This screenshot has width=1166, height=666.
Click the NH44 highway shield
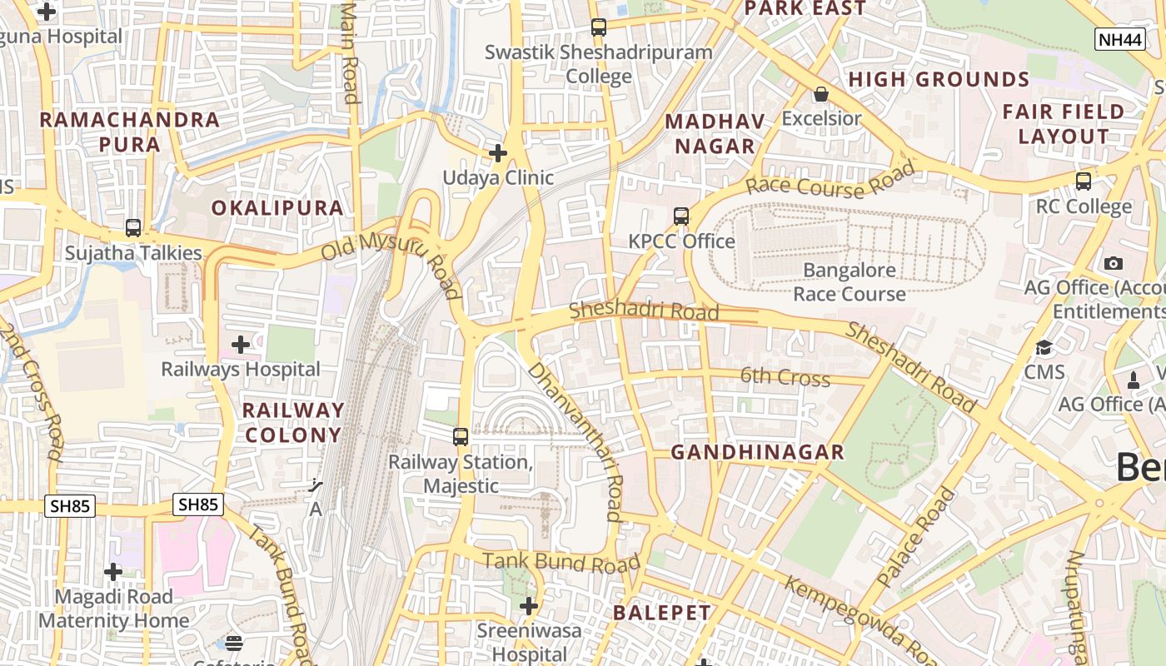[1119, 38]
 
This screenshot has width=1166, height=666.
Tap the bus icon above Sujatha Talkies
[132, 227]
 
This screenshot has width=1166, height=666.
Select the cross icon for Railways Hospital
[241, 344]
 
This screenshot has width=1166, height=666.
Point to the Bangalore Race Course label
[850, 282]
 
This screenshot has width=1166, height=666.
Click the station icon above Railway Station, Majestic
[460, 436]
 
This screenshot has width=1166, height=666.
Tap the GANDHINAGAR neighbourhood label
[757, 452]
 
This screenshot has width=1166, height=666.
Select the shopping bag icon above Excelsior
[820, 94]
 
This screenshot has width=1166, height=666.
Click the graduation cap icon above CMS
[1044, 347]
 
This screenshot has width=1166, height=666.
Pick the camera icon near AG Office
[1113, 263]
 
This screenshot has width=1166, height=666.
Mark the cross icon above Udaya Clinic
[498, 153]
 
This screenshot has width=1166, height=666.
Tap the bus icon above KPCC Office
[681, 216]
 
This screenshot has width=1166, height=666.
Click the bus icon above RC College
[1084, 181]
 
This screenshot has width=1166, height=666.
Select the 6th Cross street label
[785, 377]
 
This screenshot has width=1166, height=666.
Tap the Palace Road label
[916, 538]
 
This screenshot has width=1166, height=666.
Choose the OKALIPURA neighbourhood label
[277, 208]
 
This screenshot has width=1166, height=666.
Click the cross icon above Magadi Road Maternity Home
[113, 572]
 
